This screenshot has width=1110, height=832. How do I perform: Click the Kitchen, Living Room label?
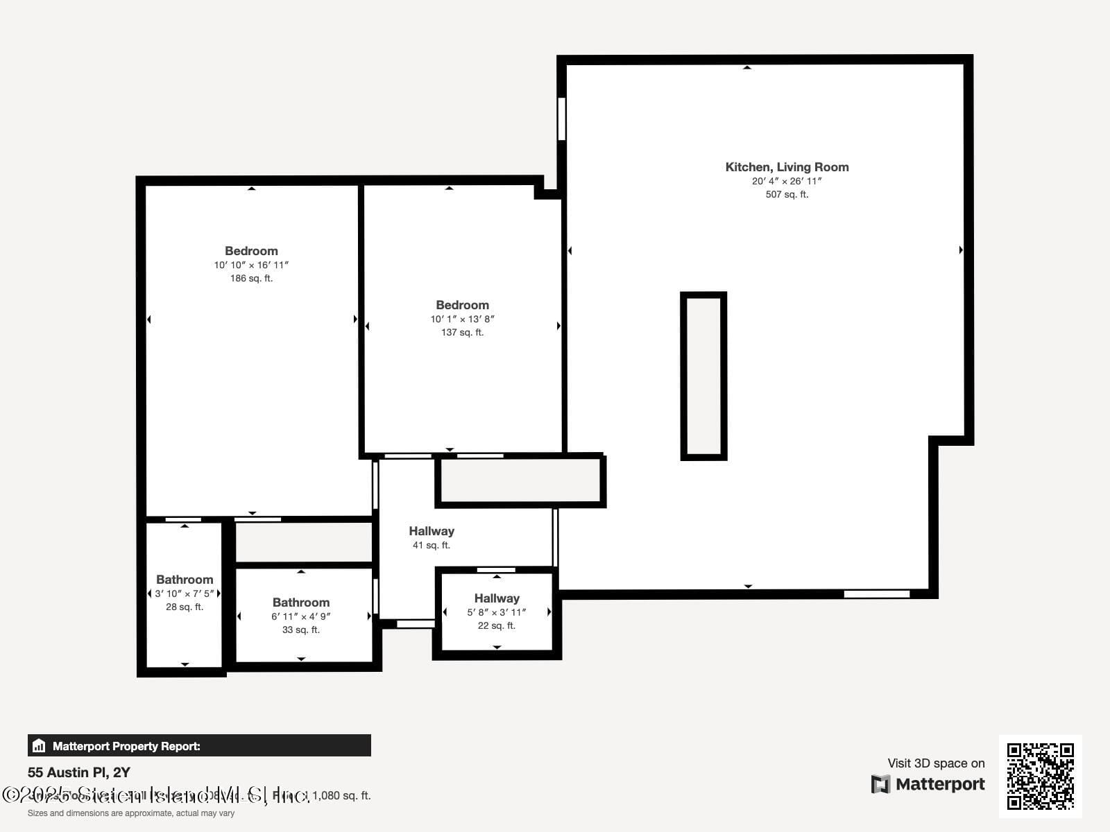coord(787,167)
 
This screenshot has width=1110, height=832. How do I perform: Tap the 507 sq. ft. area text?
coord(787,195)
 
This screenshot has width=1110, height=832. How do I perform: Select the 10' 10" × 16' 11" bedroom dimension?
coord(251,265)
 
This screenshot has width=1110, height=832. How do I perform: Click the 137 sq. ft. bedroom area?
coord(462,332)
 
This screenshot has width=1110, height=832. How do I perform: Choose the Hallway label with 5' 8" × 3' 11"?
coord(497,598)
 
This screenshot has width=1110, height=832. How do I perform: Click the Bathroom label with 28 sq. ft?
coord(185,580)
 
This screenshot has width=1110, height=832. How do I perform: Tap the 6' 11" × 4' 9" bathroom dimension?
coord(301,616)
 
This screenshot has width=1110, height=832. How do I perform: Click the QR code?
coord(1040,776)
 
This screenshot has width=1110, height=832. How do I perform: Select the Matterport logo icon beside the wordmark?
coord(880,784)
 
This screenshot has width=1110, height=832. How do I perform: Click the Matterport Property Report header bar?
coord(199,746)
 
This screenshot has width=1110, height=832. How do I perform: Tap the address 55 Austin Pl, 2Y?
coord(79,772)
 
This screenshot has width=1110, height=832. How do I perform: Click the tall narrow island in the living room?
coord(703,376)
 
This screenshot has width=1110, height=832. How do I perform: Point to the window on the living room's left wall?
coord(561,119)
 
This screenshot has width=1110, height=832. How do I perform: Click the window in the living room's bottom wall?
coord(876,594)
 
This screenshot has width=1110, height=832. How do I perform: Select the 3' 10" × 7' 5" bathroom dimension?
coord(185,593)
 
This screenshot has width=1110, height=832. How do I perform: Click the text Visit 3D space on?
coord(936,763)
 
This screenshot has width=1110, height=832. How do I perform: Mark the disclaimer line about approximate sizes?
coord(131,813)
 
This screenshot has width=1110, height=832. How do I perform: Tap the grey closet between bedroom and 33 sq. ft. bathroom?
coord(304,542)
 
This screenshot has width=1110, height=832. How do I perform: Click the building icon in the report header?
coord(39,746)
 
